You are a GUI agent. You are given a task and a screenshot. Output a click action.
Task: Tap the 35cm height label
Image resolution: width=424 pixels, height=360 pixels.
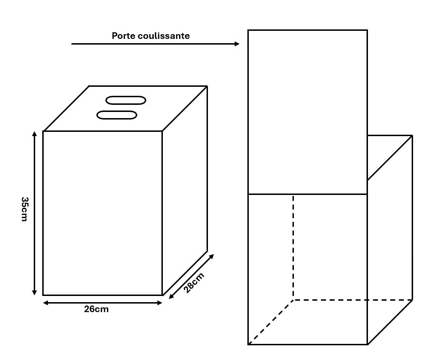pyautogui.click(x=25, y=209)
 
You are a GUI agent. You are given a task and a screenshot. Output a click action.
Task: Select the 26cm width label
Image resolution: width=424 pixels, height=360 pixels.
pyautogui.click(x=96, y=309)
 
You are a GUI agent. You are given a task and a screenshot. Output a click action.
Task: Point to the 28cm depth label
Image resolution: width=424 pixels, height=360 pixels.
pyautogui.click(x=194, y=283)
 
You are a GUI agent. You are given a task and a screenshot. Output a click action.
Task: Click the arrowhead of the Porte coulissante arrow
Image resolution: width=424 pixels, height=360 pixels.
pyautogui.click(x=237, y=44)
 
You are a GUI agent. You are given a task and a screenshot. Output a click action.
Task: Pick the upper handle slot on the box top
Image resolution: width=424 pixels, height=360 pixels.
pyautogui.click(x=126, y=100)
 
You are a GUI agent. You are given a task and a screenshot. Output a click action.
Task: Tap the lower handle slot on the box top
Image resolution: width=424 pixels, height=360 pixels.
pyautogui.click(x=117, y=115)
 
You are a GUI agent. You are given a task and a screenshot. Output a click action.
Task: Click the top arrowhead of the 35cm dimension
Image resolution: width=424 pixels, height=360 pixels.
pyautogui.click(x=34, y=134)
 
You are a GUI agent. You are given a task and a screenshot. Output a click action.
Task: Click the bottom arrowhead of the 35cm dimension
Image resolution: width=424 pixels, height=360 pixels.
pyautogui.click(x=34, y=293)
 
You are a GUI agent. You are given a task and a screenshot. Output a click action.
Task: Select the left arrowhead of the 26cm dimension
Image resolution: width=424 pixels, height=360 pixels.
pyautogui.click(x=46, y=303)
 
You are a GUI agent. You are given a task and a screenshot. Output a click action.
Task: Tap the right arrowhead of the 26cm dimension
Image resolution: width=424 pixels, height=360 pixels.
pyautogui.click(x=160, y=303)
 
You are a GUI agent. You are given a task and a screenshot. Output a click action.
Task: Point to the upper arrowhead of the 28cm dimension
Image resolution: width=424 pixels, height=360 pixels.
pyautogui.click(x=211, y=256)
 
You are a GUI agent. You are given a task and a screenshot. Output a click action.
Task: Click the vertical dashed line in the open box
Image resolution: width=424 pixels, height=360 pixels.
pyautogui.click(x=293, y=247)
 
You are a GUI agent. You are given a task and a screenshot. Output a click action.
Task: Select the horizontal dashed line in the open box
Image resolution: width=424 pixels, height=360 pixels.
pyautogui.click(x=353, y=300)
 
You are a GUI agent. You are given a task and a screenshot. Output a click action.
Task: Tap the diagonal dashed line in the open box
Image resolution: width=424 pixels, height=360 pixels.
pyautogui.click(x=271, y=322)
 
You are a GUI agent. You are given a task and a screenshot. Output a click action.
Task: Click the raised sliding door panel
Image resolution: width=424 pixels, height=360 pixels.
pyautogui.click(x=308, y=112)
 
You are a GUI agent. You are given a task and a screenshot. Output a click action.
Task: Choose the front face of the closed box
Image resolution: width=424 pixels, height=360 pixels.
pyautogui.click(x=103, y=213)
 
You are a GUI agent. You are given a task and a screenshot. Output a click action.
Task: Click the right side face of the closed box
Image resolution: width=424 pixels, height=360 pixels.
pyautogui.click(x=185, y=191)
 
